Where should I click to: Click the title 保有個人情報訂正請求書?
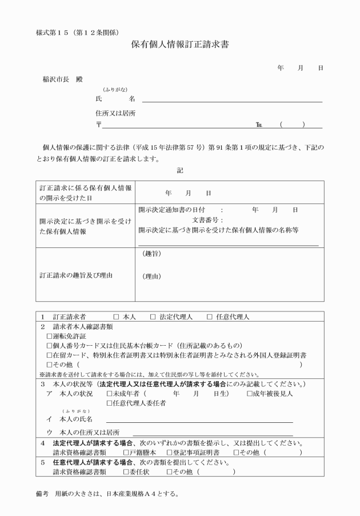[x=180, y=44]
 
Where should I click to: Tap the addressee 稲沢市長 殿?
[x=59, y=78]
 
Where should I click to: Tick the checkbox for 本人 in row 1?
[x=116, y=316]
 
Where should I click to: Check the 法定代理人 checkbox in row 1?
[x=153, y=316]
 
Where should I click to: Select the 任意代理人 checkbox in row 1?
[x=210, y=316]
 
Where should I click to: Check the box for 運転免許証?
[x=50, y=337]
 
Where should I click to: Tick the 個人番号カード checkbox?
[x=50, y=346]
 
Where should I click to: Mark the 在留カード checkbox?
[x=50, y=355]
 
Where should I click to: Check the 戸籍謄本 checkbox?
[x=126, y=453]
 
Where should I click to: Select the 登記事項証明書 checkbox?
[x=169, y=453]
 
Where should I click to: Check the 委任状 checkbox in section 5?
[x=126, y=472]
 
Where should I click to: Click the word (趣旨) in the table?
[x=151, y=253]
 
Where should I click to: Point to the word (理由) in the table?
[x=151, y=277]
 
